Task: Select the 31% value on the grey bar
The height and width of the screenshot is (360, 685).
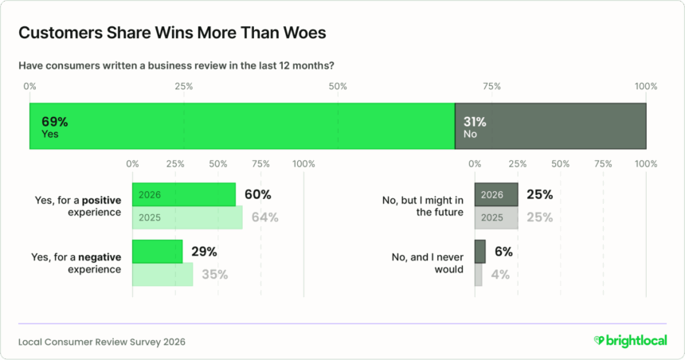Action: pyautogui.click(x=476, y=122)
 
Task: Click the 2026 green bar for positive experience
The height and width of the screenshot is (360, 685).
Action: pyautogui.click(x=183, y=194)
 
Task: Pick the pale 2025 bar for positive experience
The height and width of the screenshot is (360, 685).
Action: pyautogui.click(x=187, y=217)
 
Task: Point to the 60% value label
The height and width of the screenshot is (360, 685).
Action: pyautogui.click(x=258, y=194)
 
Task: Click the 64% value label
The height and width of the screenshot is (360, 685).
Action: pyautogui.click(x=264, y=217)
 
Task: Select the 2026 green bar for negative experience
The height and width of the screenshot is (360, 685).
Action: pyautogui.click(x=157, y=252)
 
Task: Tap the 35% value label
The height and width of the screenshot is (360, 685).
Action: pyautogui.click(x=215, y=275)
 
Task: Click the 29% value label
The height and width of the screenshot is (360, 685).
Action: pyautogui.click(x=205, y=252)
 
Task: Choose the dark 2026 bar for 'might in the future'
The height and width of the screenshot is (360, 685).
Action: pyautogui.click(x=496, y=194)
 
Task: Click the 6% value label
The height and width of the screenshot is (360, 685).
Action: pyautogui.click(x=503, y=252)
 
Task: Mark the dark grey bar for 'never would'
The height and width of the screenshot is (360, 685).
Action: pyautogui.click(x=479, y=252)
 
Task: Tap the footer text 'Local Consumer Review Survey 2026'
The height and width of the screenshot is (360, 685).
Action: pyautogui.click(x=101, y=342)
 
